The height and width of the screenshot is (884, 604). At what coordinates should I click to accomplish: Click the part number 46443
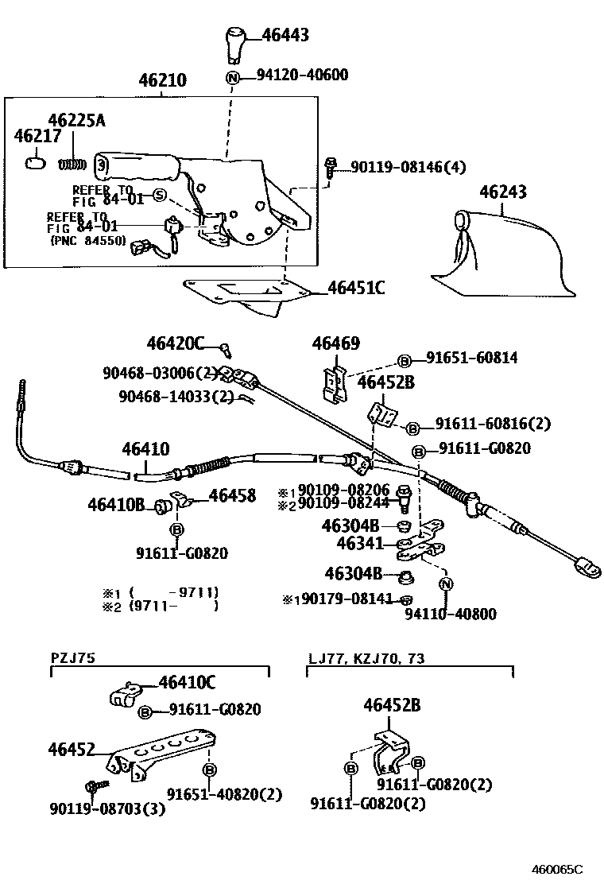tap(285, 35)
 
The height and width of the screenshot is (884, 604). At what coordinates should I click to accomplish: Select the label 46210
tap(162, 81)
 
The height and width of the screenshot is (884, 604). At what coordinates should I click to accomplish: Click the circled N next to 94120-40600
tap(232, 77)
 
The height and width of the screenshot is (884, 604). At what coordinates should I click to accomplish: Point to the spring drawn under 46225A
tap(72, 164)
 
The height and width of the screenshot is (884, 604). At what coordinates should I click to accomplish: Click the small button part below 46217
tap(34, 163)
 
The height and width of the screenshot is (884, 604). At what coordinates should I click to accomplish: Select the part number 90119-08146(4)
tap(408, 167)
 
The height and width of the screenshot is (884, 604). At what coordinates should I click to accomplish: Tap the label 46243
tap(502, 192)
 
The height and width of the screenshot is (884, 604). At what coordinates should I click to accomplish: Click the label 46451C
tap(356, 288)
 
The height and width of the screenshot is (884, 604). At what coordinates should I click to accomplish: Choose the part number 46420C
tap(175, 343)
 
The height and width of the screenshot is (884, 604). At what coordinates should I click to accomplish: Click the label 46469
tap(335, 343)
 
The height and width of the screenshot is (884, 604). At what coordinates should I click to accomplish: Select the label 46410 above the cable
tap(145, 449)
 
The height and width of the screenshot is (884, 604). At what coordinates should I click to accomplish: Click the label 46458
tap(232, 496)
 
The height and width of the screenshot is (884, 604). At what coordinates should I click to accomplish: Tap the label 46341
tap(360, 544)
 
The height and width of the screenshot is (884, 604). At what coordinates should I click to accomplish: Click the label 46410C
tap(188, 682)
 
